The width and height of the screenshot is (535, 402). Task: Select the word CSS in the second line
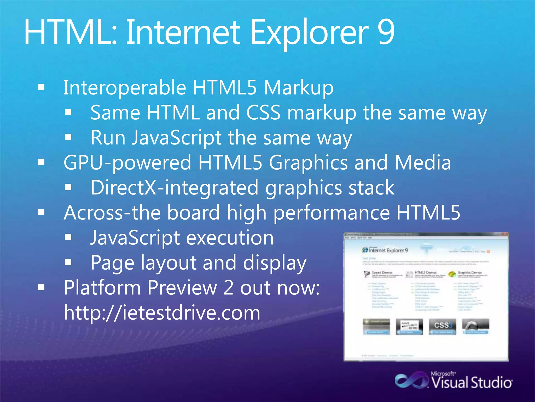pos(263,113)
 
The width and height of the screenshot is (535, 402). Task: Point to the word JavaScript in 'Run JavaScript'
pos(177,138)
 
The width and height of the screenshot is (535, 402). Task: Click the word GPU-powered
pos(127,163)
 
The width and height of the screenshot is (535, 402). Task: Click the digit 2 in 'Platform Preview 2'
pos(228,288)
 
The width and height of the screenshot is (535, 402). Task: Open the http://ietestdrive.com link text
pos(162,312)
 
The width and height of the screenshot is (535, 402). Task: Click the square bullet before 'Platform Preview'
pos(41,287)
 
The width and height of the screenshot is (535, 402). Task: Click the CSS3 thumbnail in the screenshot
pos(442,326)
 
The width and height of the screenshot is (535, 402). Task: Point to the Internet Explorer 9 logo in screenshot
pos(385,250)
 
